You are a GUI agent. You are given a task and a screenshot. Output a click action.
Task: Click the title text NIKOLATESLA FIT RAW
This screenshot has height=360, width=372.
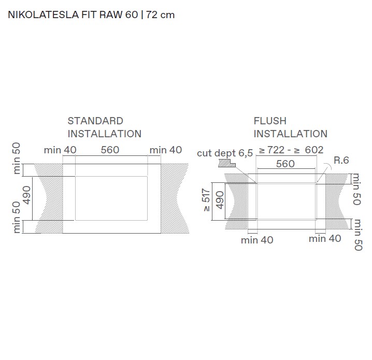click(x=65, y=15)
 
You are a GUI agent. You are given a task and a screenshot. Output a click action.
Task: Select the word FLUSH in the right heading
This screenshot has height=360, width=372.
click(x=269, y=121)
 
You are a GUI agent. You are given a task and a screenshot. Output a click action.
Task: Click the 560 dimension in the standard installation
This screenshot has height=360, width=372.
click(x=110, y=150)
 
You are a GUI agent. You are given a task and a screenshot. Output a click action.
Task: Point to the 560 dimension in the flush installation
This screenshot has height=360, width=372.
click(x=285, y=164)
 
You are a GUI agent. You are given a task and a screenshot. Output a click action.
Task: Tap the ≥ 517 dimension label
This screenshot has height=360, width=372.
click(x=206, y=201)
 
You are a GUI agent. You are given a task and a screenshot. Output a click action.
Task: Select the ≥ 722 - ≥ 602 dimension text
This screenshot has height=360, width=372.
click(x=291, y=150)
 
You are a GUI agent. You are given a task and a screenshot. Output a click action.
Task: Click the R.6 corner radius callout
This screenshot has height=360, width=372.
click(x=341, y=160)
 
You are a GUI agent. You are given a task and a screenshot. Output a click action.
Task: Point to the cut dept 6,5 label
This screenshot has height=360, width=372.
click(x=225, y=153)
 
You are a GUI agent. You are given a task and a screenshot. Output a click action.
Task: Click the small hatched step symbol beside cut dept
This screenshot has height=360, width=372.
click(x=227, y=164)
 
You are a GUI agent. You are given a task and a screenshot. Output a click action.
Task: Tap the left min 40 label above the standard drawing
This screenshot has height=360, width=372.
click(x=60, y=150)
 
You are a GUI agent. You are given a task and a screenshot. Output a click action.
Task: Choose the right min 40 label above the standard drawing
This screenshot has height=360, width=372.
click(x=166, y=150)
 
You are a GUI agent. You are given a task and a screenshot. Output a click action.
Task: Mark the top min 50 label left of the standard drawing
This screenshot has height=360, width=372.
click(x=17, y=157)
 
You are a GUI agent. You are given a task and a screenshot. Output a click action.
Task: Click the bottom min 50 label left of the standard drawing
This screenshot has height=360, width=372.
click(x=17, y=217)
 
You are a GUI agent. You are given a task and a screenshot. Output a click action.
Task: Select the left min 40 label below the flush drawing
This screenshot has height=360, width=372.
click(x=257, y=240)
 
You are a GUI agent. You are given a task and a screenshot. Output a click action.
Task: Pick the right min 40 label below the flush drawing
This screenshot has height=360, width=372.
click(x=325, y=239)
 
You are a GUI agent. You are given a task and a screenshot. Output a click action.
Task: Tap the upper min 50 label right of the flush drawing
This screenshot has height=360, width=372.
click(x=356, y=189)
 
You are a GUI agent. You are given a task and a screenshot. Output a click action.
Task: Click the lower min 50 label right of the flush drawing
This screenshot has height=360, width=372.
click(x=357, y=234)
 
